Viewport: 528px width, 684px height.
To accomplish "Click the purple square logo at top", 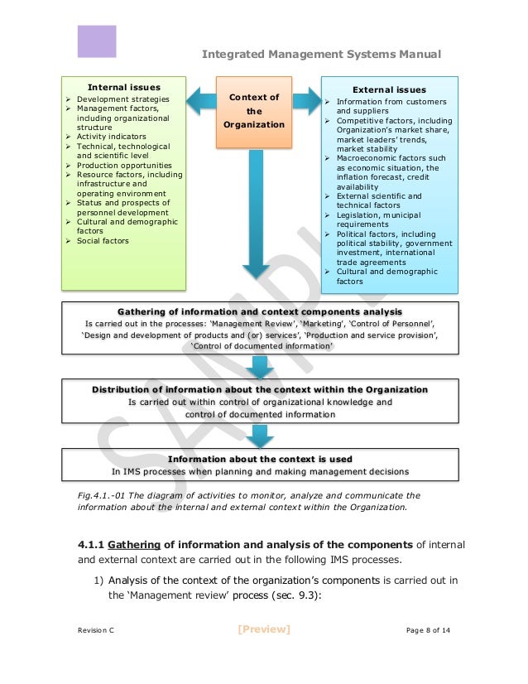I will click(97, 41).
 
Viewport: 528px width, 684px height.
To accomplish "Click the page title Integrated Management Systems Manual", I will click(321, 55).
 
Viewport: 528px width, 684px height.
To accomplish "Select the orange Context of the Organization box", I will click(254, 111).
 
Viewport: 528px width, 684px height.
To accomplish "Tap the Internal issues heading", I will click(124, 86).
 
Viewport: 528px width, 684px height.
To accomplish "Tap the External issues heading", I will click(389, 89).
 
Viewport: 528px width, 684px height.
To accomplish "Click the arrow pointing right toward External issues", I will click(307, 101).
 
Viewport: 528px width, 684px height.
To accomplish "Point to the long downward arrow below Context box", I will click(254, 215).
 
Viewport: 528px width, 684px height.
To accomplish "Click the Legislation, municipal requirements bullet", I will click(378, 219).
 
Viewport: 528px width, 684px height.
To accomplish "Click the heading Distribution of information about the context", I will click(260, 389).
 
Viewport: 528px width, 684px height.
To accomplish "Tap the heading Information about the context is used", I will click(260, 459).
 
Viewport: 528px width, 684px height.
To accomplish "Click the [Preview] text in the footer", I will click(263, 629).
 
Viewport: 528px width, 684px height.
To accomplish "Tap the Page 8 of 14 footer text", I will click(428, 631).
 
